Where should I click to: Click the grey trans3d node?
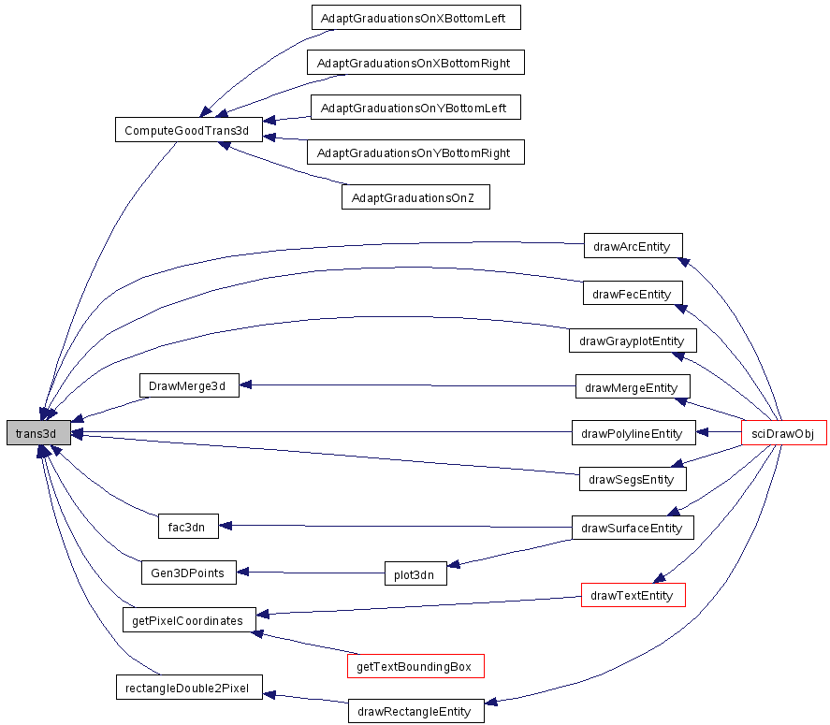pos(38,433)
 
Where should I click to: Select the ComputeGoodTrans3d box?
pos(189,130)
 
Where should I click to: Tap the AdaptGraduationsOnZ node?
pos(415,196)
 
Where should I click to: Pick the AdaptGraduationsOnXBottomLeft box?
pos(416,18)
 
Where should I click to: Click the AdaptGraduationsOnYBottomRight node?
pos(415,152)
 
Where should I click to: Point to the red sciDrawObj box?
pos(784,433)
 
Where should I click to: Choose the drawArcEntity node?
pos(633,245)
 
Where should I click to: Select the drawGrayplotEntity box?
pos(633,341)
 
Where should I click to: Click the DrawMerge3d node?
pos(189,385)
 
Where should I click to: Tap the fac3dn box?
pos(188,526)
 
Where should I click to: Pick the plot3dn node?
pos(415,573)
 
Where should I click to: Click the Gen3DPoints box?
pos(188,573)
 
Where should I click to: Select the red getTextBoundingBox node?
pos(415,666)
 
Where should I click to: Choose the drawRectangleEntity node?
pos(416,711)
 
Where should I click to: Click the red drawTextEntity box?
pos(633,595)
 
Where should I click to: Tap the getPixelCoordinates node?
pos(189,619)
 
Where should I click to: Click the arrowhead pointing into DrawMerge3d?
pos(245,384)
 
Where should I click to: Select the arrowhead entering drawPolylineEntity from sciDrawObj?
pos(703,432)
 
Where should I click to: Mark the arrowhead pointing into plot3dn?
pos(453,565)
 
